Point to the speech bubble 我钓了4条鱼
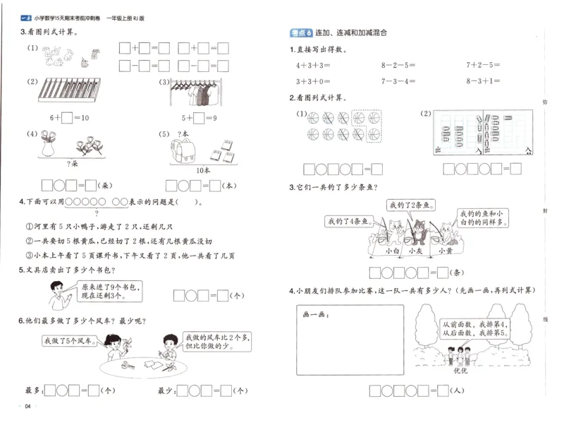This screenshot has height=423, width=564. click(x=348, y=222)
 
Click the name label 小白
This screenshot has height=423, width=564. click(x=393, y=250)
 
